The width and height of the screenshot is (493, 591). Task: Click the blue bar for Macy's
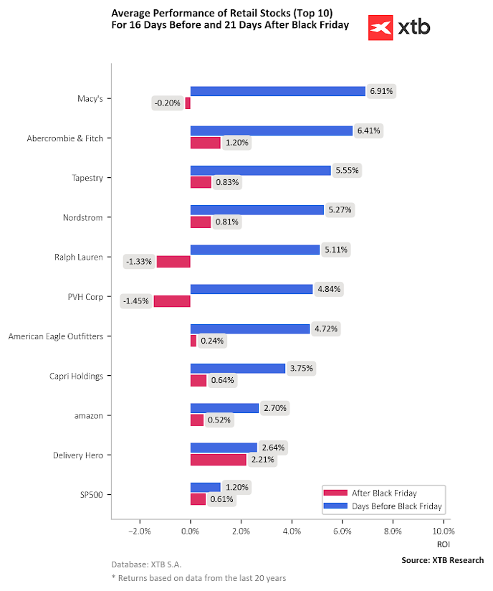277,91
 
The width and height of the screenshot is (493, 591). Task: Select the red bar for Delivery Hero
218,460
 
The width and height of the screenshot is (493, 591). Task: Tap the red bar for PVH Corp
172,301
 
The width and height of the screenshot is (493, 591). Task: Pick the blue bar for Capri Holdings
237,368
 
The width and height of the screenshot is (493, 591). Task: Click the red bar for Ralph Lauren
173,262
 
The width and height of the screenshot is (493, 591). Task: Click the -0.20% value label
167,103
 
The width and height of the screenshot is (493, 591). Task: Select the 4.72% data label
327,328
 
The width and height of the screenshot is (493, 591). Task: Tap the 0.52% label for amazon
219,420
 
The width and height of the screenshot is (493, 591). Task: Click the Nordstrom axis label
82,217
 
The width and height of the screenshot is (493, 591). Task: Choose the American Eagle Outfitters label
55,336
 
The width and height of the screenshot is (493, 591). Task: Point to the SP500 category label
90,494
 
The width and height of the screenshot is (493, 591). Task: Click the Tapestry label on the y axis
87,177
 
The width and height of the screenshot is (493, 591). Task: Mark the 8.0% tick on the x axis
393,531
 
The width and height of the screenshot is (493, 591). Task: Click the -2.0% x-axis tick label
139,531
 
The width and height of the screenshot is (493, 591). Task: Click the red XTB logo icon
380,28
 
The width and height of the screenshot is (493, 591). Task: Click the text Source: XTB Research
442,560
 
